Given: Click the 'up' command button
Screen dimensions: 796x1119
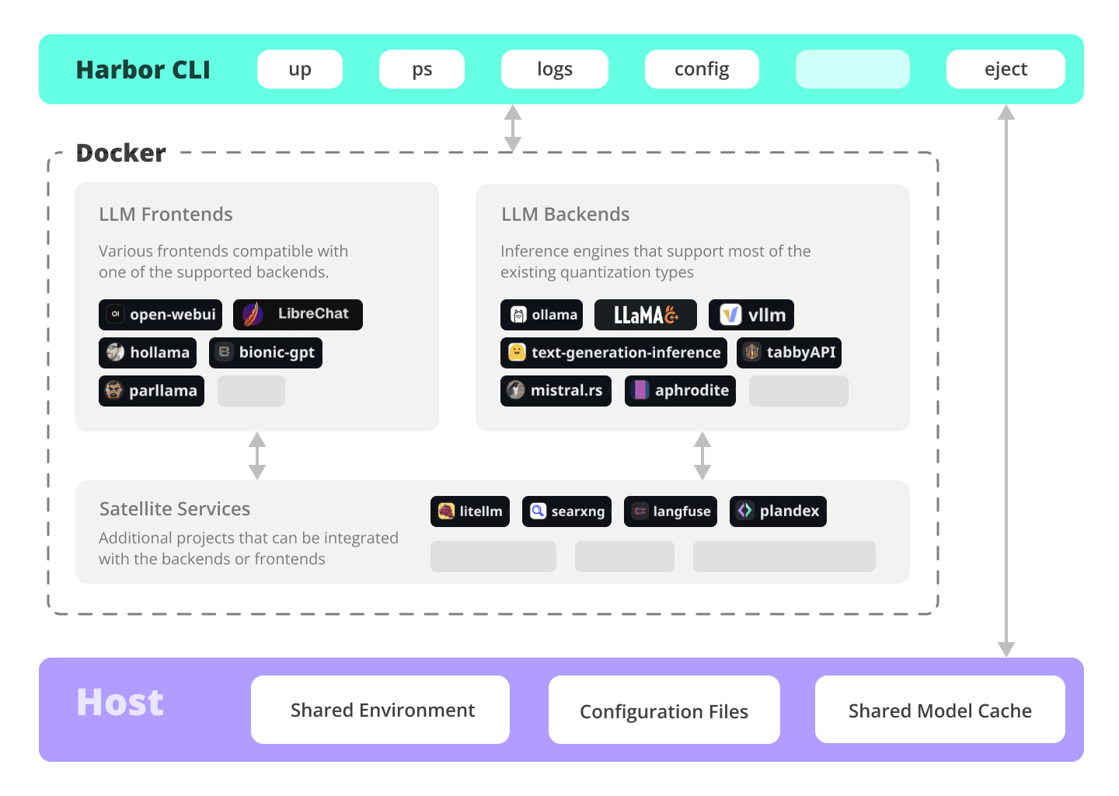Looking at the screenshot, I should pyautogui.click(x=300, y=69).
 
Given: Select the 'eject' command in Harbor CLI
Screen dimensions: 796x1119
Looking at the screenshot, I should pyautogui.click(x=1005, y=69).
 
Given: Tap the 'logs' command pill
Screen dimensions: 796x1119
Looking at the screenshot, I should pyautogui.click(x=554, y=69).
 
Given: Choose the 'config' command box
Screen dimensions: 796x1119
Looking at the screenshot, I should pyautogui.click(x=701, y=69).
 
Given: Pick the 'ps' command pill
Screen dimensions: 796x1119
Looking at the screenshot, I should pyautogui.click(x=421, y=69).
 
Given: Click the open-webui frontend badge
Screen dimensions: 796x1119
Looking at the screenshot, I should pyautogui.click(x=160, y=315).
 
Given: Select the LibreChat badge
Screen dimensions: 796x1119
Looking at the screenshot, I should pyautogui.click(x=298, y=315).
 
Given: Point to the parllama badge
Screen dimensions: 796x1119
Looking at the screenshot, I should pyautogui.click(x=152, y=391).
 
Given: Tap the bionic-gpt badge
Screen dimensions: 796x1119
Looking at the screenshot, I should pyautogui.click(x=265, y=353).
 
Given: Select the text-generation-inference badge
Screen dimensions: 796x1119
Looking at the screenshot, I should pyautogui.click(x=613, y=353).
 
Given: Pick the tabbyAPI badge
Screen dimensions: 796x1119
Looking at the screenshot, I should pyautogui.click(x=789, y=353).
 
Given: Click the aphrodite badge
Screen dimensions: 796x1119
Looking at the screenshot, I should pyautogui.click(x=680, y=391).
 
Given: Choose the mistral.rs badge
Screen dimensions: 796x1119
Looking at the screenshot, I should pyautogui.click(x=556, y=391).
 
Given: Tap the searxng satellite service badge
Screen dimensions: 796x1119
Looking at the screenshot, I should pyautogui.click(x=566, y=511).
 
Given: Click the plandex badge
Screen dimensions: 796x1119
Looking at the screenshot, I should pyautogui.click(x=778, y=511).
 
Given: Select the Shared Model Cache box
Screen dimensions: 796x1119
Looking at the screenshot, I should pyautogui.click(x=939, y=710).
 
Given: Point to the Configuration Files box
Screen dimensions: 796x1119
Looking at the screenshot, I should pyautogui.click(x=664, y=710).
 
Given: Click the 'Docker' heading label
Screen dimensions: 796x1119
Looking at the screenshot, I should pyautogui.click(x=121, y=153).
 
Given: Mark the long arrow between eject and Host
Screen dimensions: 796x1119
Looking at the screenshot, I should pyautogui.click(x=1006, y=381).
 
